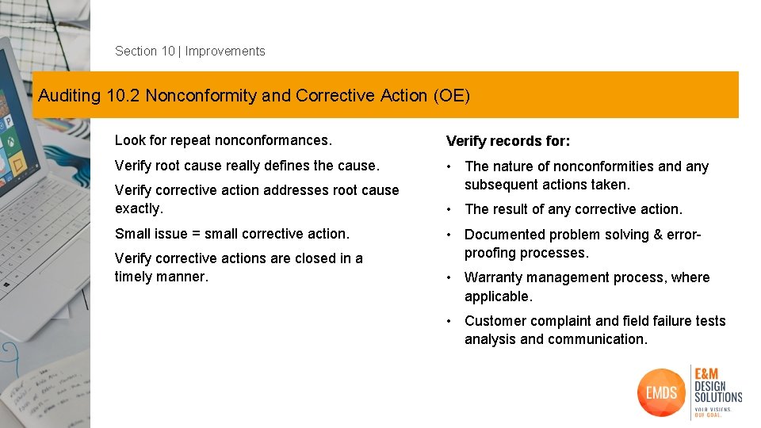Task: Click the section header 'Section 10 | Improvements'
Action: point(190,52)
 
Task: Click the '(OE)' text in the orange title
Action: point(452,96)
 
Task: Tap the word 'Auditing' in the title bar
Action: point(70,96)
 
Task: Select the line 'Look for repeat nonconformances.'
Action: point(224,140)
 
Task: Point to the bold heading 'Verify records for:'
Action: point(508,142)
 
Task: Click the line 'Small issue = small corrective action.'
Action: point(232,234)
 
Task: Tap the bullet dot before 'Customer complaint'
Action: point(449,321)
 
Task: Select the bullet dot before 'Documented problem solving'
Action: point(449,235)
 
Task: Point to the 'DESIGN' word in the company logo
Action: point(709,385)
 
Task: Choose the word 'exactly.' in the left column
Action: point(139,208)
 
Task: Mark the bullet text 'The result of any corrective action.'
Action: point(573,209)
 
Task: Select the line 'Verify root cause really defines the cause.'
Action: point(247,166)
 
